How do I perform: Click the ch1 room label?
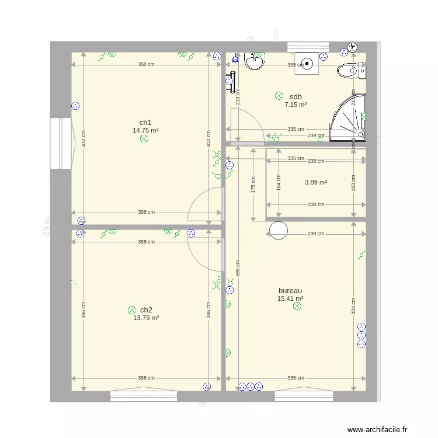pyautogui.click(x=145, y=123)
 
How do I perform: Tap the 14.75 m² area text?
pyautogui.click(x=145, y=131)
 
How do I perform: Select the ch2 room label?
pyautogui.click(x=146, y=310)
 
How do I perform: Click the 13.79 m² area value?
pyautogui.click(x=146, y=318)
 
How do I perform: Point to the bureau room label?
pyautogui.click(x=290, y=290)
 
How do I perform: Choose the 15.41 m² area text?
pyautogui.click(x=290, y=298)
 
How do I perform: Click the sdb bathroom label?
pyautogui.click(x=296, y=97)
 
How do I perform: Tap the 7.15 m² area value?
pyautogui.click(x=296, y=105)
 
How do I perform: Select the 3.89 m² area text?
pyautogui.click(x=316, y=182)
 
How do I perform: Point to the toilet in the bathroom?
pyautogui.click(x=351, y=71)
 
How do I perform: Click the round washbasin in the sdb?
pyautogui.click(x=255, y=61)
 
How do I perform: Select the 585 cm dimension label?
pyautogui.click(x=237, y=268)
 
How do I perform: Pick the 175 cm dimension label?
pyautogui.click(x=253, y=185)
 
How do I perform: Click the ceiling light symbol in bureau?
pyautogui.click(x=297, y=305)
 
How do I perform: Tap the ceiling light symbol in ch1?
pyautogui.click(x=144, y=139)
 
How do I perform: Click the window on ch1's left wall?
pyautogui.click(x=61, y=144)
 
